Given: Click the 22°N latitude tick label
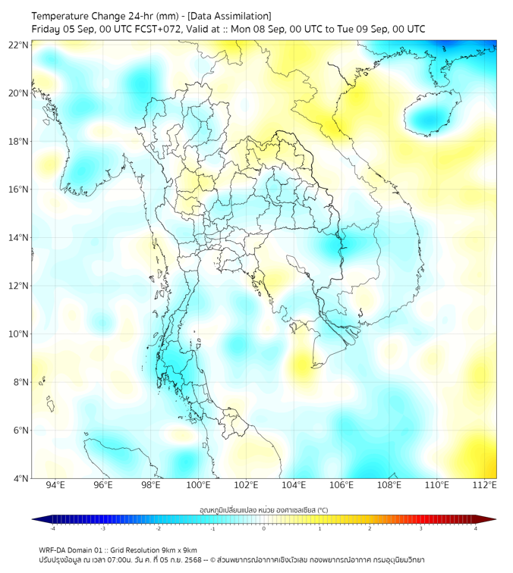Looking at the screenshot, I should [19, 45].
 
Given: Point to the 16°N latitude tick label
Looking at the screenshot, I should [19, 189].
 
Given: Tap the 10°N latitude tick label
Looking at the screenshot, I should [19, 334].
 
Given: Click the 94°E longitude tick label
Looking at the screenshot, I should [55, 485].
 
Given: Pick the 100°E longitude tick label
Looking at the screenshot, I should [199, 485].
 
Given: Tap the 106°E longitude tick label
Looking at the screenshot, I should [341, 485].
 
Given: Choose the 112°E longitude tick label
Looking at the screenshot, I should [485, 485].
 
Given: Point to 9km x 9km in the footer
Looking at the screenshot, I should [178, 550].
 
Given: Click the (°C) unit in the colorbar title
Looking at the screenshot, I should [322, 509].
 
